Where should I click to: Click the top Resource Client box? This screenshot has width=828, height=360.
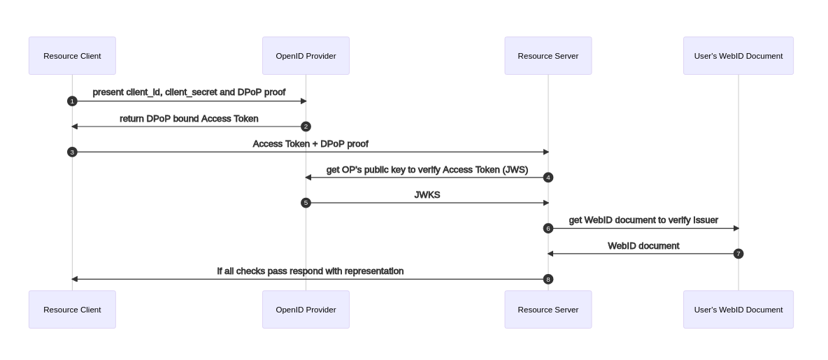click(x=72, y=56)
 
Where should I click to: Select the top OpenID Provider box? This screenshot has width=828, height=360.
click(x=306, y=56)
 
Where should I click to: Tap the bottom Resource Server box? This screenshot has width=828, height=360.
click(x=548, y=310)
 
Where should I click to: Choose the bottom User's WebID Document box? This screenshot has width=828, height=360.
click(x=738, y=310)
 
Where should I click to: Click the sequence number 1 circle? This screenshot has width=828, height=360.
click(x=72, y=101)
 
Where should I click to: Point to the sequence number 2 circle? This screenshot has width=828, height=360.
click(x=306, y=127)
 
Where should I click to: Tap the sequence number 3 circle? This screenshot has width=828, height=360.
click(x=72, y=152)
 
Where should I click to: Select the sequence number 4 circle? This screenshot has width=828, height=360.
click(x=548, y=178)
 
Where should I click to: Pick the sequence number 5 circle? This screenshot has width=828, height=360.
click(x=306, y=203)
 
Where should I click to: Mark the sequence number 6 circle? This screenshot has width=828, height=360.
click(x=548, y=229)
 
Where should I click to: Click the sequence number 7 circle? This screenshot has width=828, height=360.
click(x=738, y=254)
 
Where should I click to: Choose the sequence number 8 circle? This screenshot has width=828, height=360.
click(x=548, y=280)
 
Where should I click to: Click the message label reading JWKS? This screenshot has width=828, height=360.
click(x=427, y=195)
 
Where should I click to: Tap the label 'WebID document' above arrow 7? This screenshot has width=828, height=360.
click(x=643, y=246)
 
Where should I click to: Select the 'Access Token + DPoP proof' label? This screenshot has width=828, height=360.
click(x=310, y=144)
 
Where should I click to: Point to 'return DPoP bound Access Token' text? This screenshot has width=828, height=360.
click(x=189, y=119)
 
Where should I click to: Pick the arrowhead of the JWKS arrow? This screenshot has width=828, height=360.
click(x=545, y=203)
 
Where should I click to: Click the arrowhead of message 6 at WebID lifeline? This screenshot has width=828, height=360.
click(x=736, y=229)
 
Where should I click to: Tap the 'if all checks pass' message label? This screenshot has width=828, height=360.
click(x=310, y=271)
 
